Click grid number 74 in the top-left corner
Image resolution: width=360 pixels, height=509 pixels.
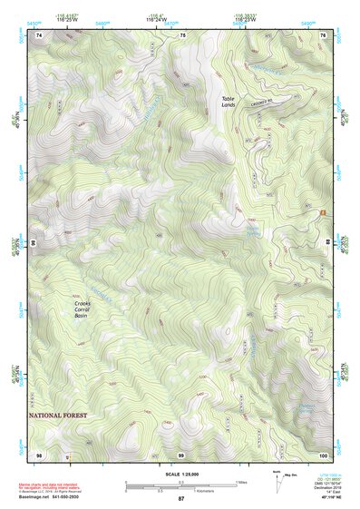(39, 34)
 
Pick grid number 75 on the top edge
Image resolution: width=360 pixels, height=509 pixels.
(182, 34)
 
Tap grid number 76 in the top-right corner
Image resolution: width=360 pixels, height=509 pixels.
(323, 34)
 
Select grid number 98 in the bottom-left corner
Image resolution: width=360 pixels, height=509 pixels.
(39, 454)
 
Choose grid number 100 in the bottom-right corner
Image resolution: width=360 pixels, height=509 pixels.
(322, 454)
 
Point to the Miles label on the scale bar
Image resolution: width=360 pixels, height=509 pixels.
(241, 482)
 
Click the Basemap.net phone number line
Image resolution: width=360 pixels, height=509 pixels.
(51, 497)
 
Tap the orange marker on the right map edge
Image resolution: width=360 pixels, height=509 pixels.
(322, 212)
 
